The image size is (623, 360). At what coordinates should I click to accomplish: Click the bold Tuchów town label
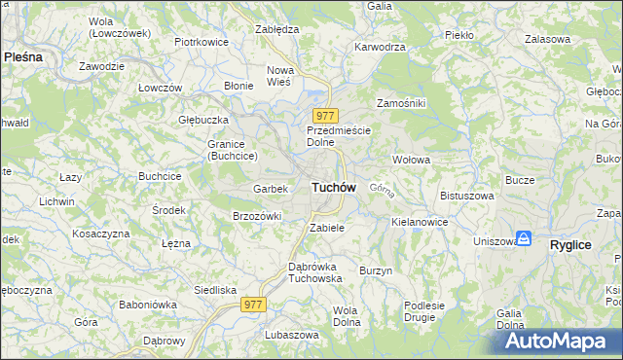coord(333,187)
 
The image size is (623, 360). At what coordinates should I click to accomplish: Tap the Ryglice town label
coord(570,245)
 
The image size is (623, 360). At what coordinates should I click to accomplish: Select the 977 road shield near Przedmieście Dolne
coord(324,116)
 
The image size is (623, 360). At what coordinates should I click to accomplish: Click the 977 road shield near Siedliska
coord(253,305)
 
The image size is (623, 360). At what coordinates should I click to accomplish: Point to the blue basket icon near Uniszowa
coord(524,237)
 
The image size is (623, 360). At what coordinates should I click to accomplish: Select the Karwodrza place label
coord(380,46)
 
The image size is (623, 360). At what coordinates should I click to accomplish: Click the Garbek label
coord(270,188)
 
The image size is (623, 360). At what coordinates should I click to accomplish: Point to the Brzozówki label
coord(257,216)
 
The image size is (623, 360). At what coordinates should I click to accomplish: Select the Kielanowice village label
coord(420,222)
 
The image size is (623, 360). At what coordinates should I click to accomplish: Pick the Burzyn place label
coord(375,270)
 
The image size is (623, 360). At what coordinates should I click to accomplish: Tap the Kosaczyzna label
coord(100,234)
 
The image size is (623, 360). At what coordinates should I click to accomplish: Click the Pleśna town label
coord(23,56)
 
